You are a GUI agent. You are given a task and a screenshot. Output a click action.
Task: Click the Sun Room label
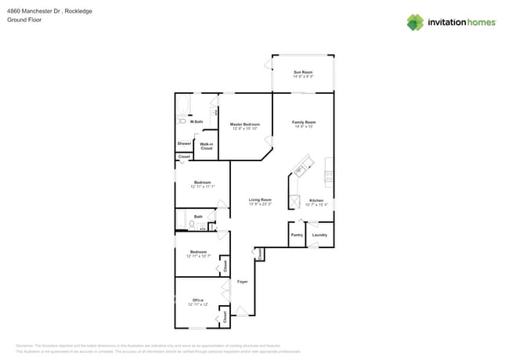click(303, 72)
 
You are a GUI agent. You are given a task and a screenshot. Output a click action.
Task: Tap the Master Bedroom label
click(244, 124)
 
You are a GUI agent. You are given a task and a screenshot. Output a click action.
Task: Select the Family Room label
click(303, 122)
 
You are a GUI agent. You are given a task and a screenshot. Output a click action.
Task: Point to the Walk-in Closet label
click(207, 146)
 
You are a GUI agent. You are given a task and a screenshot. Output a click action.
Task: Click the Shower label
click(184, 143)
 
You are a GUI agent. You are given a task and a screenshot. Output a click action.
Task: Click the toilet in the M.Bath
click(182, 121)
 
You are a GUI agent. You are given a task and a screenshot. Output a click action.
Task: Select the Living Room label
click(260, 200)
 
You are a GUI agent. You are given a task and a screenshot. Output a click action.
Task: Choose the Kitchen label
click(316, 200)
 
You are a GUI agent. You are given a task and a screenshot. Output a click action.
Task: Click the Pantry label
click(297, 235)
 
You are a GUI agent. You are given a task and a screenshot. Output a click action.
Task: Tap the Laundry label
click(319, 235)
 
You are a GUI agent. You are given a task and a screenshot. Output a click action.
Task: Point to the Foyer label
click(243, 281)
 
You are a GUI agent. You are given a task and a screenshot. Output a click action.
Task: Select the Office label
click(198, 300)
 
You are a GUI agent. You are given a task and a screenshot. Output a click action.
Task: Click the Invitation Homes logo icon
click(415, 22)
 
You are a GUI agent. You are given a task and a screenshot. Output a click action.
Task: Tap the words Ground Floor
click(23, 20)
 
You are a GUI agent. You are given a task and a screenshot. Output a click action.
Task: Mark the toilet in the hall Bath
click(191, 225)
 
